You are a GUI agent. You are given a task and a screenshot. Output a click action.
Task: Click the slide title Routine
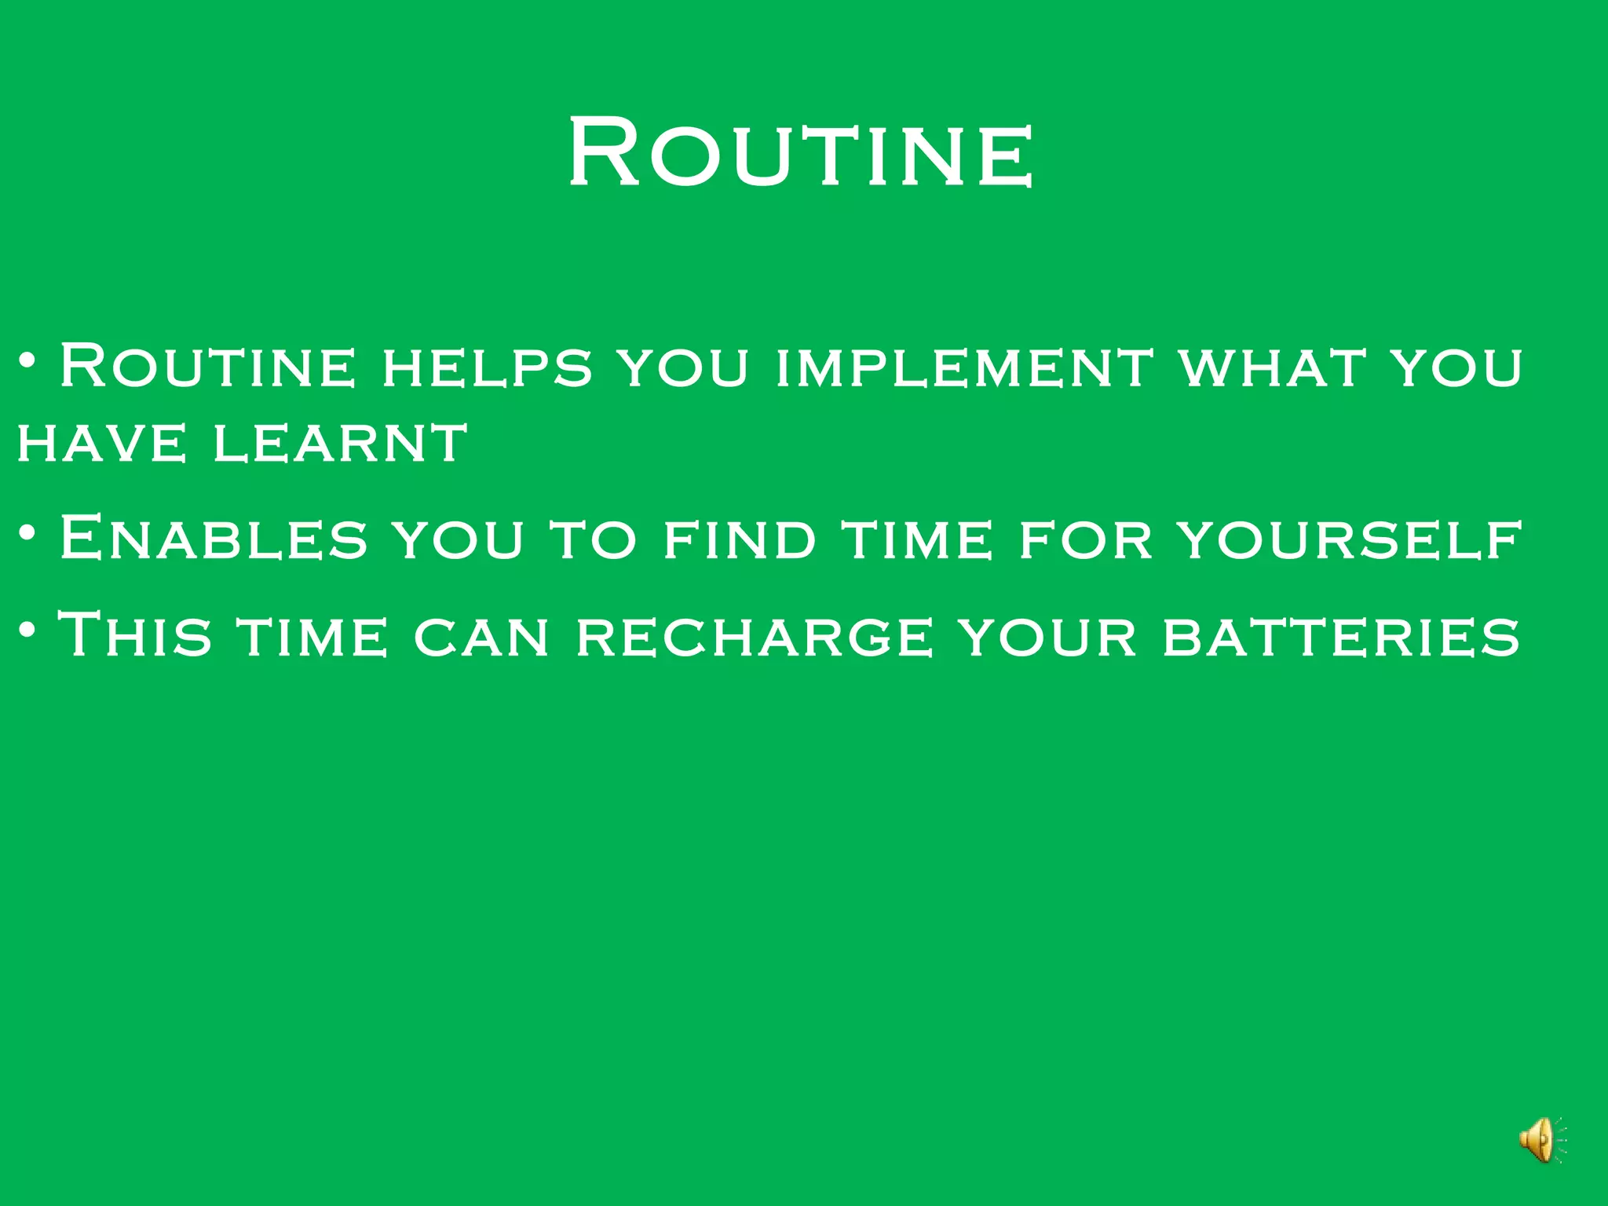click(x=801, y=151)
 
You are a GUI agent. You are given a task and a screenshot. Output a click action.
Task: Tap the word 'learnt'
click(x=341, y=442)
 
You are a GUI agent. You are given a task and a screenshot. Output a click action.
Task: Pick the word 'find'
click(x=739, y=539)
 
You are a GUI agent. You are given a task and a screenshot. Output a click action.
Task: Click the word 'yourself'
click(x=1350, y=539)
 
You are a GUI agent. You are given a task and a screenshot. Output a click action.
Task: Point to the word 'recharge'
click(x=755, y=635)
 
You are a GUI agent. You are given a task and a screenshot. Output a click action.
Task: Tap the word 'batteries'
click(x=1341, y=635)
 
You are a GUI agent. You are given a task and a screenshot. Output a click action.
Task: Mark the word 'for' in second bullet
click(x=1085, y=539)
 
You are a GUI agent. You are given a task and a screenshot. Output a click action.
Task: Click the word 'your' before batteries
click(x=1049, y=635)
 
